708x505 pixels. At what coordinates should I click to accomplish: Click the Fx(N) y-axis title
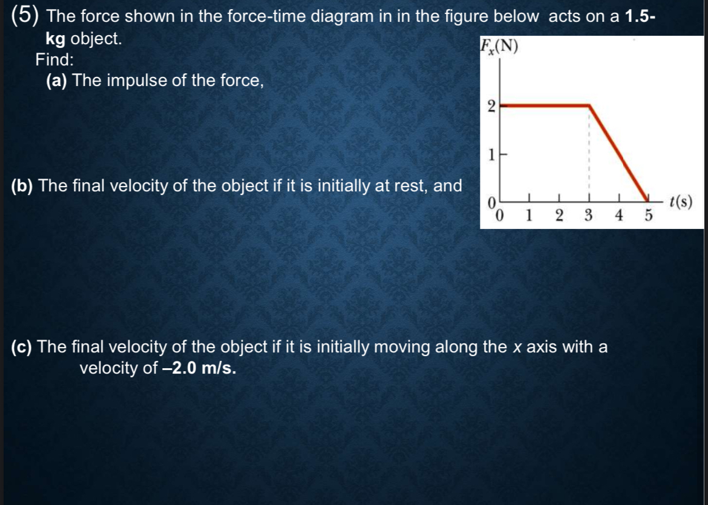click(x=499, y=47)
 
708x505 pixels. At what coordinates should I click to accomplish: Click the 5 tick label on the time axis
click(x=646, y=216)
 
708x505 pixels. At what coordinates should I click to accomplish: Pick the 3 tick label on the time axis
click(x=588, y=216)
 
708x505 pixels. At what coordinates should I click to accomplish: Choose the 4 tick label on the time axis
click(x=618, y=216)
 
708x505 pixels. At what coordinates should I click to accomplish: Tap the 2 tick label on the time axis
click(x=558, y=216)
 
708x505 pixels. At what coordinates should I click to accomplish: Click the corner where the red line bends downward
click(x=589, y=105)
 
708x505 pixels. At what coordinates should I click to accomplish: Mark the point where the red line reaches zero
click(x=646, y=198)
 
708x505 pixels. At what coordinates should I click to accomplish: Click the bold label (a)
click(x=56, y=81)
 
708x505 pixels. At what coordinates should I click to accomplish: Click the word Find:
click(x=54, y=59)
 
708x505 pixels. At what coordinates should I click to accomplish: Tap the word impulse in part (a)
click(x=131, y=81)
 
